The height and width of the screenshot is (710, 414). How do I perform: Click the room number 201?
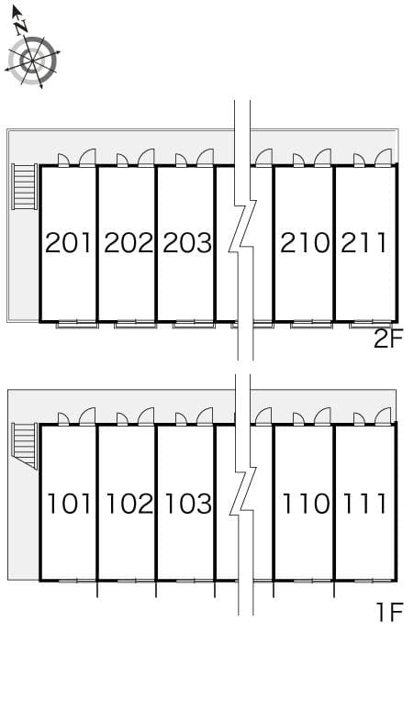tap(69, 243)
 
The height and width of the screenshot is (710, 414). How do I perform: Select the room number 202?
tap(128, 243)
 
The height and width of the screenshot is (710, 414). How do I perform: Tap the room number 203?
tap(187, 243)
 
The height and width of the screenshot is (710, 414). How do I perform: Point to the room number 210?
tap(305, 243)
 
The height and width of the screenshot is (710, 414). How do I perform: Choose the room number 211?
tap(364, 243)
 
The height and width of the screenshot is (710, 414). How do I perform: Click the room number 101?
tap(69, 504)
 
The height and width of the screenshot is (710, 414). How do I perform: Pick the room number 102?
tap(129, 504)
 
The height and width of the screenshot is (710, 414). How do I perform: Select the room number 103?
tap(188, 504)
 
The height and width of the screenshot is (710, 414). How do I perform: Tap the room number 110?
tap(306, 504)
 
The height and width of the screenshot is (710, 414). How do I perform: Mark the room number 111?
tap(365, 504)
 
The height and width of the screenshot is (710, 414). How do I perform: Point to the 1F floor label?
tap(389, 612)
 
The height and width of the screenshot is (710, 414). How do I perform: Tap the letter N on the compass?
tap(21, 27)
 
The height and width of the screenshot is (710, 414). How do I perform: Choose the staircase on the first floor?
tap(24, 445)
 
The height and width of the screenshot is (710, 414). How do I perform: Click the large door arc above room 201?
tap(87, 158)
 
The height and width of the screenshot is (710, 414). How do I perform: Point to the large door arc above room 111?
tap(383, 417)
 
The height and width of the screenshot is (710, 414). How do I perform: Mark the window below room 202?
tap(135, 324)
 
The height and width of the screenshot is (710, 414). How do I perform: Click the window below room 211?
tap(370, 324)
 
